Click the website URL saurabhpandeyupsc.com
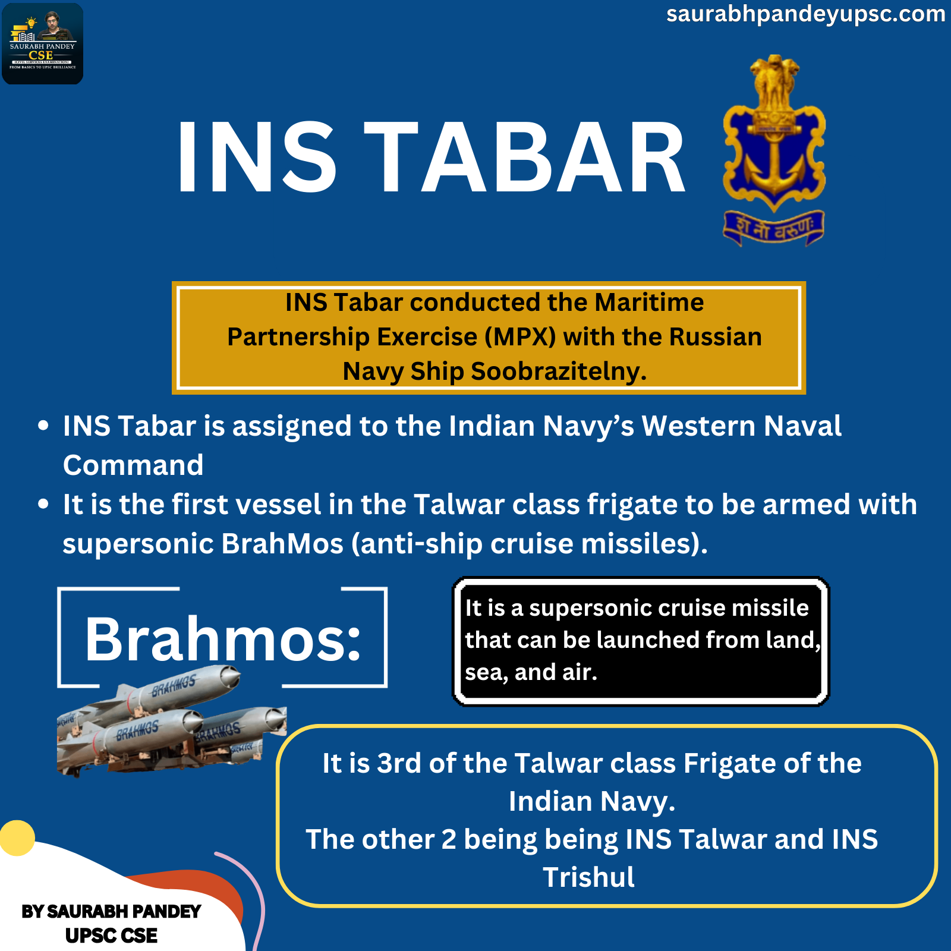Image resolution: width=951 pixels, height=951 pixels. pyautogui.click(x=805, y=14)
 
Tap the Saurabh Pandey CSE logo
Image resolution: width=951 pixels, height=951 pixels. pyautogui.click(x=43, y=43)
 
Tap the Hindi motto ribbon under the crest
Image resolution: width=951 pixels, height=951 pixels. pyautogui.click(x=773, y=228)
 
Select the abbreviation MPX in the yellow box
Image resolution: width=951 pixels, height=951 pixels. pyautogui.click(x=520, y=337)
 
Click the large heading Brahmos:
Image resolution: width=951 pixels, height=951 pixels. pyautogui.click(x=223, y=639)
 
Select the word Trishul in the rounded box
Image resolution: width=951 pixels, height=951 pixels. pyautogui.click(x=588, y=877)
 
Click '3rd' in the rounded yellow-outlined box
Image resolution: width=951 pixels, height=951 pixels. pyautogui.click(x=402, y=763)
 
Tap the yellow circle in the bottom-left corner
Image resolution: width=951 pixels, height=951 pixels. pyautogui.click(x=17, y=838)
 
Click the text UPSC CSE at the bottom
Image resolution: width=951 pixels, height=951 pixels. pyautogui.click(x=111, y=936)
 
